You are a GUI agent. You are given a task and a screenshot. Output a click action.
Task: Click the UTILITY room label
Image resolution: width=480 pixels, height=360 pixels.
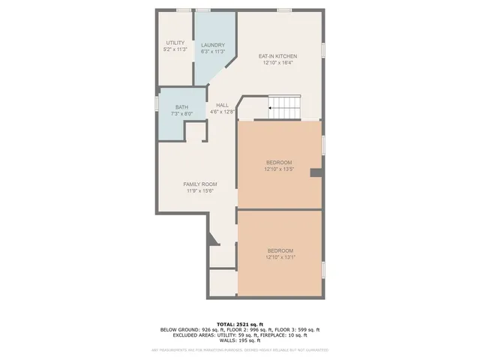point(175,43)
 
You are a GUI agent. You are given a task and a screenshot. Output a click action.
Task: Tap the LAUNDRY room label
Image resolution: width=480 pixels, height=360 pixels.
point(212,45)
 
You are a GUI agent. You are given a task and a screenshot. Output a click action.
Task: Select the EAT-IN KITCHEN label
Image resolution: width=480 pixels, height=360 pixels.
point(278,56)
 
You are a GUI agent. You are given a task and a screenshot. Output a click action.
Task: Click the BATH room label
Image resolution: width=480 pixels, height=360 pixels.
point(181,107)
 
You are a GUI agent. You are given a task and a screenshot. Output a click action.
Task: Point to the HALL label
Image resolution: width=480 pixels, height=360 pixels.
point(222,105)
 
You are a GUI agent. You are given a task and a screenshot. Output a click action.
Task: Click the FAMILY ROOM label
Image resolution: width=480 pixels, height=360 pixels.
point(200,184)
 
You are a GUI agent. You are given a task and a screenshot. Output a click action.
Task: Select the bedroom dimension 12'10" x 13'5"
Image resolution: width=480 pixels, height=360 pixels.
point(278,169)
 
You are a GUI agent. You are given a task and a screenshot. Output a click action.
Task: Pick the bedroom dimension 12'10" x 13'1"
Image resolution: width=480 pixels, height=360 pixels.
point(280,257)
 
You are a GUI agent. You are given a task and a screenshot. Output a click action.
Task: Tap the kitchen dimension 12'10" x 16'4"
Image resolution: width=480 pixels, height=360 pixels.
point(278,63)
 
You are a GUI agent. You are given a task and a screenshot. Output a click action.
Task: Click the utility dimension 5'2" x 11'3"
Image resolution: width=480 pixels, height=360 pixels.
point(175,49)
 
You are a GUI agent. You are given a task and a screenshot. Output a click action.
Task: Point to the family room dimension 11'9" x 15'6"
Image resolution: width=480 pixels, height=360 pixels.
point(200,191)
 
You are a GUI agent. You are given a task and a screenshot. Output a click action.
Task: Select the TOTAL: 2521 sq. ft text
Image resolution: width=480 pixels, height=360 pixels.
point(239,323)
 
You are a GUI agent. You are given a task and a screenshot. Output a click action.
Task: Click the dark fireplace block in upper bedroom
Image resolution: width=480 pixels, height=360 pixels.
point(316,173)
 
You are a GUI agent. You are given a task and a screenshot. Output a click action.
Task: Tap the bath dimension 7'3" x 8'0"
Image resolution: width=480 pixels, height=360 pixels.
point(181,114)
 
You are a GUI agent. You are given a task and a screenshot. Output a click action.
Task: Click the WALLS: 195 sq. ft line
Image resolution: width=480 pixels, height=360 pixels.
point(239,341)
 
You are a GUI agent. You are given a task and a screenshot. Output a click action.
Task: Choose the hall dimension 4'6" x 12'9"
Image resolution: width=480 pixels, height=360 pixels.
point(222,112)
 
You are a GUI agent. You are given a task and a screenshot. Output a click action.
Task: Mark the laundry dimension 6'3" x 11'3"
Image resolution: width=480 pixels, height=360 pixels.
point(212,52)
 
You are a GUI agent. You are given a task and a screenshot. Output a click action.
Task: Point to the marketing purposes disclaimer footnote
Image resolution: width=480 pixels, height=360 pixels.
point(239,349)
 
